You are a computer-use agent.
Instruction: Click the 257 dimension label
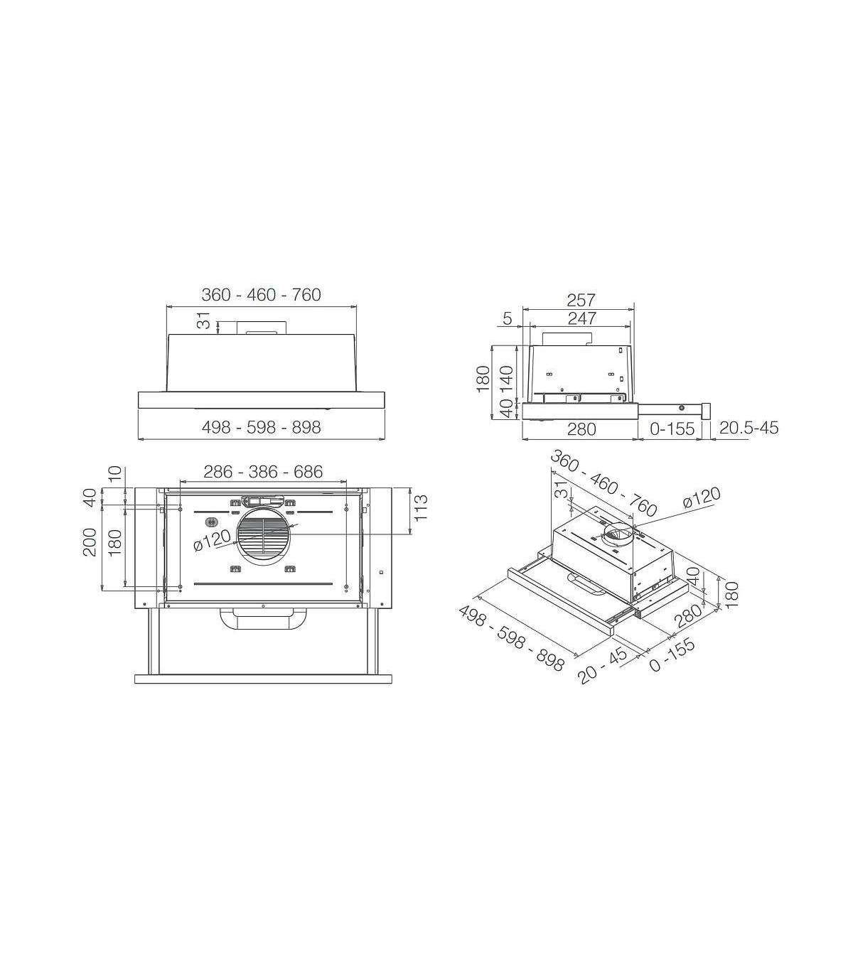coord(581,300)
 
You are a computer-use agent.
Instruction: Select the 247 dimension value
coord(582,318)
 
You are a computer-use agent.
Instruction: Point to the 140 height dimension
coord(507,379)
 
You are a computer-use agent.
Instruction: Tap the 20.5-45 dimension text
coord(749,429)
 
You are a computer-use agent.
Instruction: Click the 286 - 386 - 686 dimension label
coord(263,472)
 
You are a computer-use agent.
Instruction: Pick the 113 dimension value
coord(421,508)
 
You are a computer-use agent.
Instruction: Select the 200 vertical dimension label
coord(90,542)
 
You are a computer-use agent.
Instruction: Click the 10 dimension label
coord(115,474)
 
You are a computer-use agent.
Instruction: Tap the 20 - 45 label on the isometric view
coord(603,660)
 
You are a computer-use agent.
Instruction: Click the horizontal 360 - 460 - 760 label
coord(261,295)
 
